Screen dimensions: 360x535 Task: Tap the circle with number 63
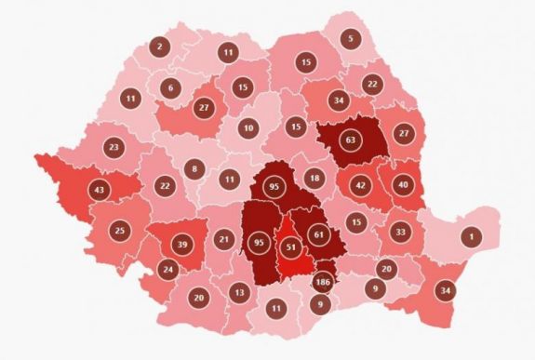[350, 142]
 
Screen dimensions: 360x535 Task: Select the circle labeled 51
[290, 247]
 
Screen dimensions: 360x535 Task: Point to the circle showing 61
[319, 233]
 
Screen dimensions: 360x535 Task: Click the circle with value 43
[99, 191]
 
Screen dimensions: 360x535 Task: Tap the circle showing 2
[159, 46]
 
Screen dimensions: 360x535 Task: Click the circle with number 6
[169, 88]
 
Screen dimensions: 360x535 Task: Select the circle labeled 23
[114, 148]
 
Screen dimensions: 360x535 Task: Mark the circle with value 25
[120, 230]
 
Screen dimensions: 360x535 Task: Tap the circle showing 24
[167, 271]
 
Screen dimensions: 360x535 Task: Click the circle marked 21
[223, 240]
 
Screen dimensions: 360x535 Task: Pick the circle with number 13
[239, 293]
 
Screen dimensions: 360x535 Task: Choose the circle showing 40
[402, 183]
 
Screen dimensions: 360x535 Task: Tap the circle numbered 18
[314, 179]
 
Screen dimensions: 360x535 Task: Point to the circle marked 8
[194, 169]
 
